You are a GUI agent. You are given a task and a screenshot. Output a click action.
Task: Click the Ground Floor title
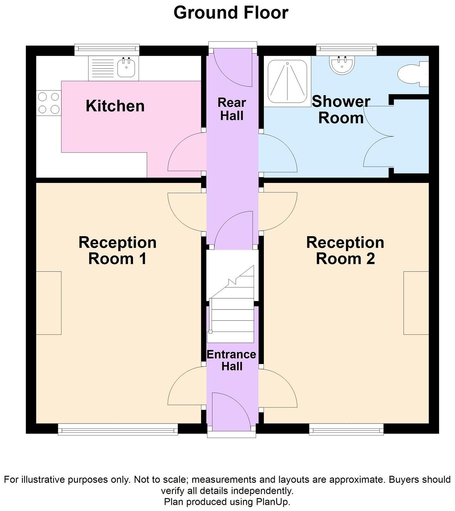tap(231, 13)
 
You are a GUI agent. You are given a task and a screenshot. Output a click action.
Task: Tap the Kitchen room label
tap(115, 106)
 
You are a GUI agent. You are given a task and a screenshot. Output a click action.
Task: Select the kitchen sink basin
tap(126, 68)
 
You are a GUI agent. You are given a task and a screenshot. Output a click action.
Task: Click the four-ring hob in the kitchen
tap(49, 103)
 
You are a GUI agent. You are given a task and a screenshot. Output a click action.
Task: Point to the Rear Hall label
tap(232, 109)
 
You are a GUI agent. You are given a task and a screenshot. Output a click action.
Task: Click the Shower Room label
tap(341, 110)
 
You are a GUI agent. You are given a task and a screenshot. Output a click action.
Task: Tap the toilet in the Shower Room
tap(413, 74)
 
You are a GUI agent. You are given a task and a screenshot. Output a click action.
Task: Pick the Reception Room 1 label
tap(117, 251)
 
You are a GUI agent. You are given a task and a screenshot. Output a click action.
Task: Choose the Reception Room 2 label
tap(345, 251)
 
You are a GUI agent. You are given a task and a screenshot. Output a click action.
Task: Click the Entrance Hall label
tap(231, 361)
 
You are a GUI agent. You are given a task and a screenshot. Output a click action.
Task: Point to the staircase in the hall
tap(230, 304)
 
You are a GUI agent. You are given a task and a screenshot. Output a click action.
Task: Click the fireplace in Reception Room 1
tap(49, 303)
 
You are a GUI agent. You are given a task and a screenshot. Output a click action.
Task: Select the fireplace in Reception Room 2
tap(416, 303)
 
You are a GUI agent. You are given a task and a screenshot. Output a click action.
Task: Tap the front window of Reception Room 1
tap(118, 429)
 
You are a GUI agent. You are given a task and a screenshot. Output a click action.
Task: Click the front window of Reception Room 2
tap(346, 429)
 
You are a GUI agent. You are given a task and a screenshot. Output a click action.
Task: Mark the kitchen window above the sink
tap(107, 50)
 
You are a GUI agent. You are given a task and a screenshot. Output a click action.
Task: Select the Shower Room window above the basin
tap(346, 50)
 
